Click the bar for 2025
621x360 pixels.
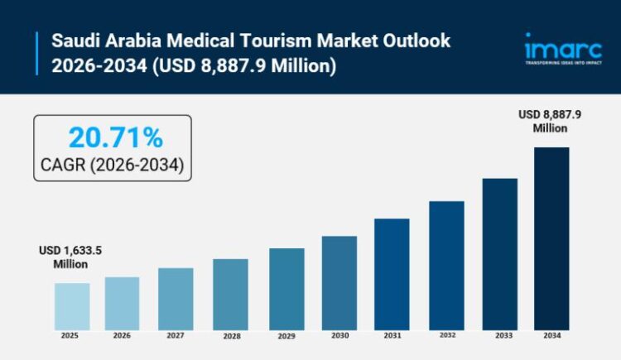point(72,306)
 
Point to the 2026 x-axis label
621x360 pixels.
point(122,336)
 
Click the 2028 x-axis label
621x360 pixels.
point(230,337)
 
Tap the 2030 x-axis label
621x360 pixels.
point(339,336)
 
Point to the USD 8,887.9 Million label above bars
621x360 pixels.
point(550,122)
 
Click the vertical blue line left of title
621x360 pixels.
point(37,52)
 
